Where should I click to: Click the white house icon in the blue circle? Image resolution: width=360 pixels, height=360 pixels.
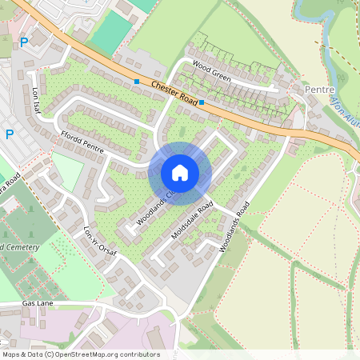180,173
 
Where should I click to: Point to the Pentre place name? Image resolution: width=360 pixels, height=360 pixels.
319,90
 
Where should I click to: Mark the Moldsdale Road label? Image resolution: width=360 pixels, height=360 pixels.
191,219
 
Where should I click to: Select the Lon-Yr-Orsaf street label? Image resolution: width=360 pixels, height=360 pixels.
100,242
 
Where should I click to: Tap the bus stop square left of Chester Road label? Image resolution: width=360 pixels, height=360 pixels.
137,82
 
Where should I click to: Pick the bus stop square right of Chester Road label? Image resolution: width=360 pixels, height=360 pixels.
202,102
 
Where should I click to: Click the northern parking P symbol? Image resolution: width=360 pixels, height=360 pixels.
23,42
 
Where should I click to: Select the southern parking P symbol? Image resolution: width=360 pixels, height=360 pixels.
9,134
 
